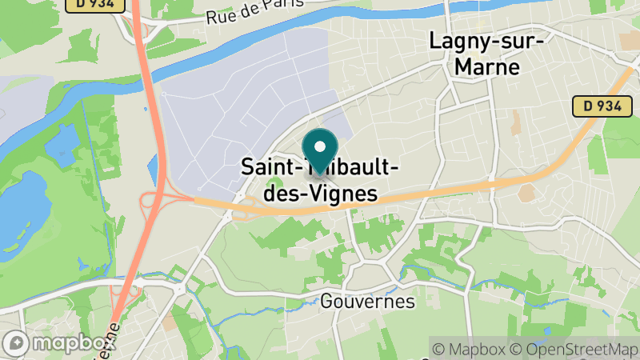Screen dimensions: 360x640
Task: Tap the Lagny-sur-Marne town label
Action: [487, 53]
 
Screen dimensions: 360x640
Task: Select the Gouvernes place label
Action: [367, 302]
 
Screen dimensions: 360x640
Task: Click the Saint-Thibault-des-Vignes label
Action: [319, 181]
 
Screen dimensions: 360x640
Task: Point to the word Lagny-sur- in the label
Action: [487, 39]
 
